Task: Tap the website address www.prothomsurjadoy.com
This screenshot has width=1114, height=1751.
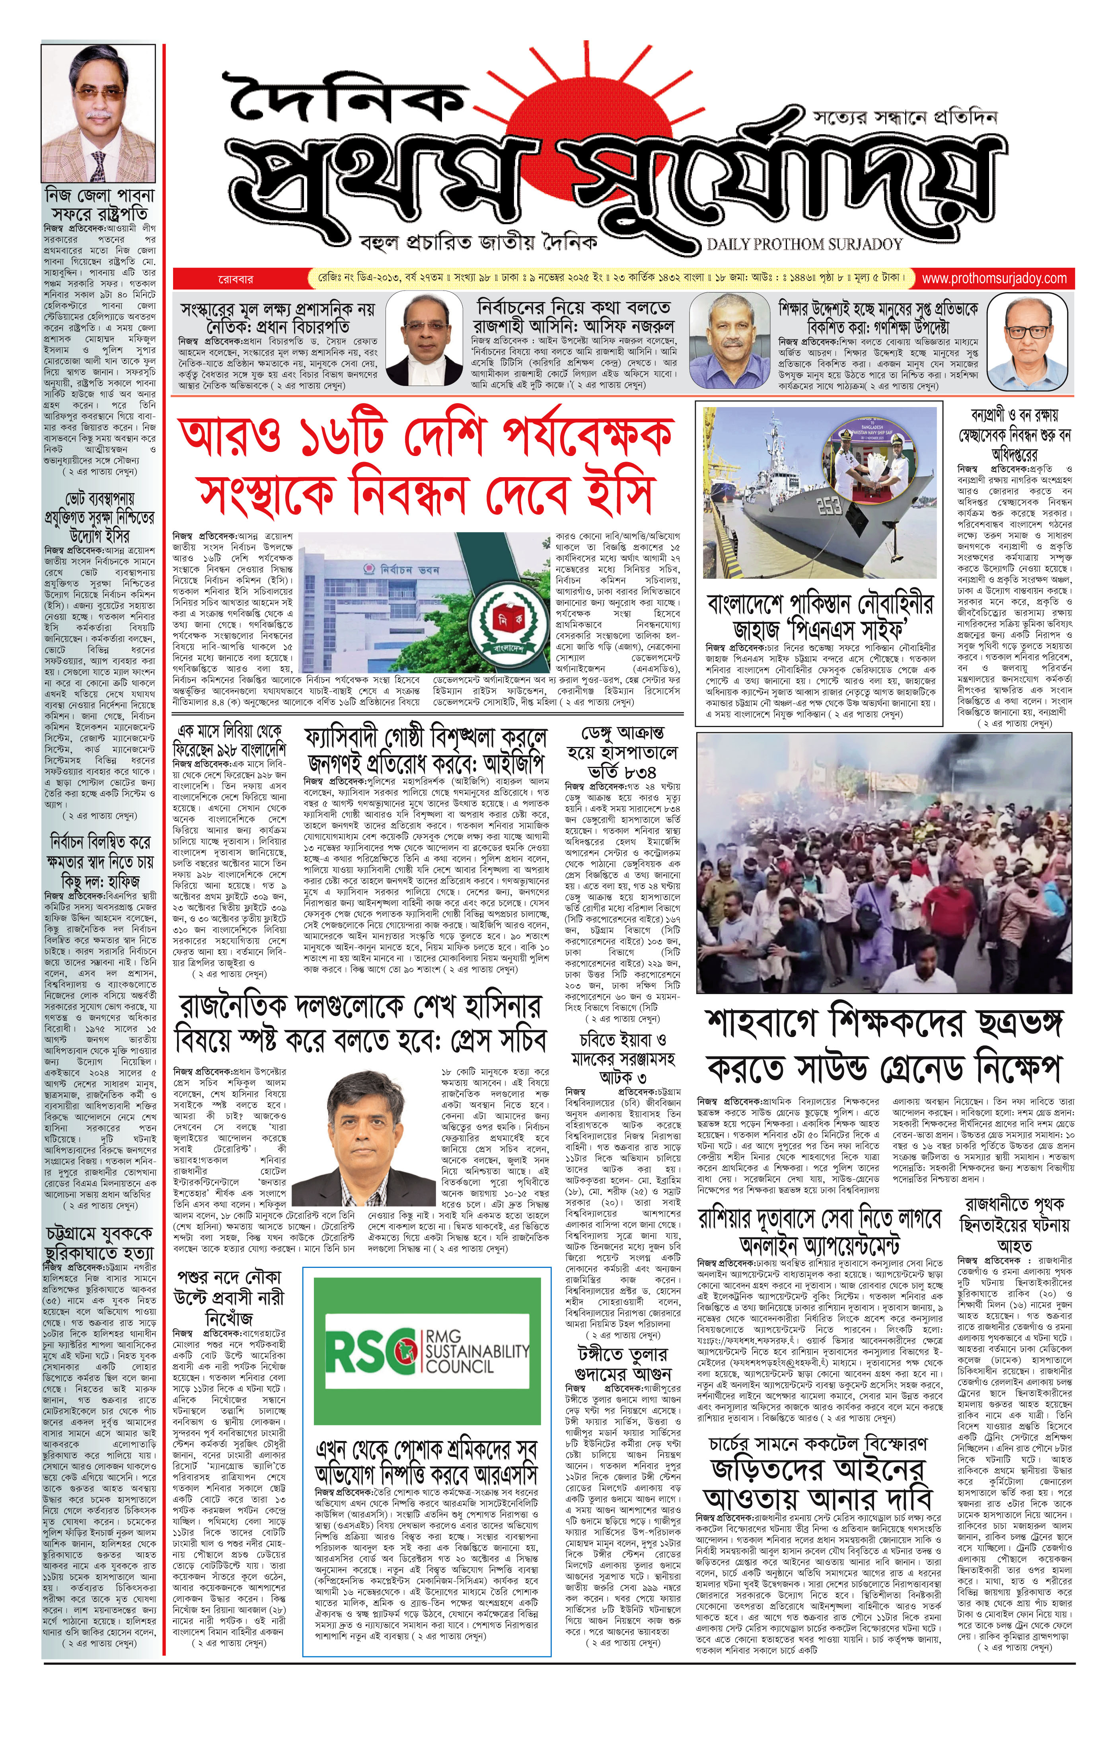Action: pos(994,278)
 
